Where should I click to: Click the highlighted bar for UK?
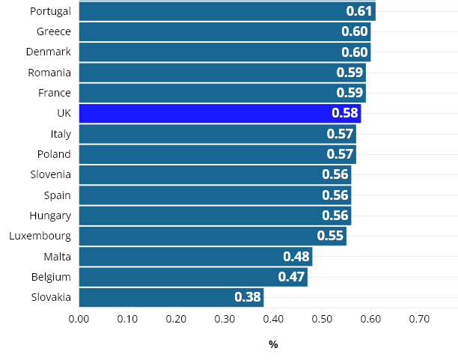(x=219, y=114)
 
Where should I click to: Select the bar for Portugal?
(x=227, y=11)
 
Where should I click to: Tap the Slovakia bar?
(x=171, y=297)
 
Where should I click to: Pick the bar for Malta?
(x=195, y=257)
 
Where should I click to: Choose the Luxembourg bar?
(x=212, y=236)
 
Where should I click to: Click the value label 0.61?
(x=359, y=11)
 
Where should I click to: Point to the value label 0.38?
(x=248, y=297)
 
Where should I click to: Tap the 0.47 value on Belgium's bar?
(x=291, y=277)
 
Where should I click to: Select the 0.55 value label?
(x=330, y=236)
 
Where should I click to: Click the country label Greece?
(x=53, y=31)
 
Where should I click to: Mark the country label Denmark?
(x=48, y=52)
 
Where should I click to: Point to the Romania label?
(x=49, y=73)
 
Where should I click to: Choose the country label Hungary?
(x=49, y=216)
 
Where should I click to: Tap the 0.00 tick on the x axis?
(x=79, y=319)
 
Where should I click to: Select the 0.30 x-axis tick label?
(x=225, y=319)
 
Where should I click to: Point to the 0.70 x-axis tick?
(x=419, y=319)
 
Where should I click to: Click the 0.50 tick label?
(x=322, y=319)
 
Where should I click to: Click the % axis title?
(x=273, y=345)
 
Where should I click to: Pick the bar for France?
(x=222, y=93)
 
